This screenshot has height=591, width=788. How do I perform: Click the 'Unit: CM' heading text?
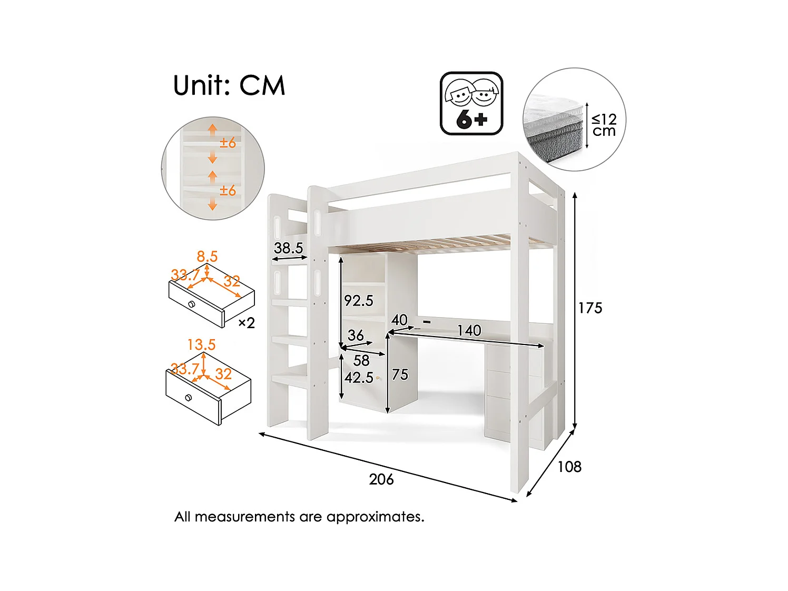coord(229,85)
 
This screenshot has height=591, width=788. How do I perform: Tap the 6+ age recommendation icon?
coord(471,103)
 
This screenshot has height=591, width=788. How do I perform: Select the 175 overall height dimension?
coord(590,308)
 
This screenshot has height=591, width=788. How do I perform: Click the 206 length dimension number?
coord(381,479)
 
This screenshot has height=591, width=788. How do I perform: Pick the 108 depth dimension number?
coord(569,467)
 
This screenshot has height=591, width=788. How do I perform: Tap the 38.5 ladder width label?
coord(288,248)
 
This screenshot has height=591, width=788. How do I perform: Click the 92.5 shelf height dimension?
coord(359,301)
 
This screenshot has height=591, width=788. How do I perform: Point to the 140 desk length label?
coord(469,330)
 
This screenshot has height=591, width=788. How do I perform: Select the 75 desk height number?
coord(400,375)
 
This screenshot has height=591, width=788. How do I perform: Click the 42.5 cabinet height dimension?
coord(359,378)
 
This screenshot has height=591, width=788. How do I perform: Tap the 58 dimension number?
coord(361,361)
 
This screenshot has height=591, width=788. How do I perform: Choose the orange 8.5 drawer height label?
coord(207,257)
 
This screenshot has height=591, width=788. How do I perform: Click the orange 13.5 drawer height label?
coord(201,345)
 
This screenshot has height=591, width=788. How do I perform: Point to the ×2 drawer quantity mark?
coord(247,323)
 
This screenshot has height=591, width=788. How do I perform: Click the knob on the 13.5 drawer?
coord(189,398)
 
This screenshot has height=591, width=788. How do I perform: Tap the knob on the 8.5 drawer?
coord(192,304)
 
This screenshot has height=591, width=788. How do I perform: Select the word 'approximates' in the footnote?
coord(376,517)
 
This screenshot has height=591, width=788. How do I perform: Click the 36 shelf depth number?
coord(356,336)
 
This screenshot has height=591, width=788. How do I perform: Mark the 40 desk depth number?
coord(399,320)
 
